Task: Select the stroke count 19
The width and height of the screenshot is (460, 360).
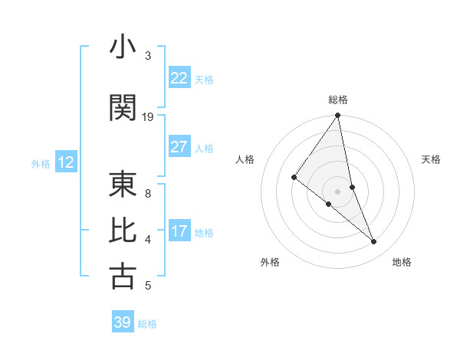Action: pos(148,117)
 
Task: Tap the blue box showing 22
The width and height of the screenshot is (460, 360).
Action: pos(179,78)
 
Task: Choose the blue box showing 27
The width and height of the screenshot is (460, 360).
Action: pos(179,147)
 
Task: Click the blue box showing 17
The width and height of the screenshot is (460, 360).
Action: pos(179,231)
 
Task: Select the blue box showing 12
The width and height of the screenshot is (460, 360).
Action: pos(66,162)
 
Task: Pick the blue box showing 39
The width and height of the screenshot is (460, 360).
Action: pos(123,322)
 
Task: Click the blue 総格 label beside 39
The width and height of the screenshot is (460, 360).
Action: pos(147,324)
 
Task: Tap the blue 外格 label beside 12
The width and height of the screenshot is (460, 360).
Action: pos(41,163)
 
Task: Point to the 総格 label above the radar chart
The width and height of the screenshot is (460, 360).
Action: pos(338,100)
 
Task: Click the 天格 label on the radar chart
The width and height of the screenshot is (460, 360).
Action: pos(432,159)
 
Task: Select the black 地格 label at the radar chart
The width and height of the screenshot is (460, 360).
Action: pos(402,263)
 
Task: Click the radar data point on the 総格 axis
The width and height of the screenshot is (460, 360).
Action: pos(337,116)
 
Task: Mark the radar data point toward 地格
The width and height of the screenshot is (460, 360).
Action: pos(374,241)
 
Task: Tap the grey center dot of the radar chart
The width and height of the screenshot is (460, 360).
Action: pos(337,190)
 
